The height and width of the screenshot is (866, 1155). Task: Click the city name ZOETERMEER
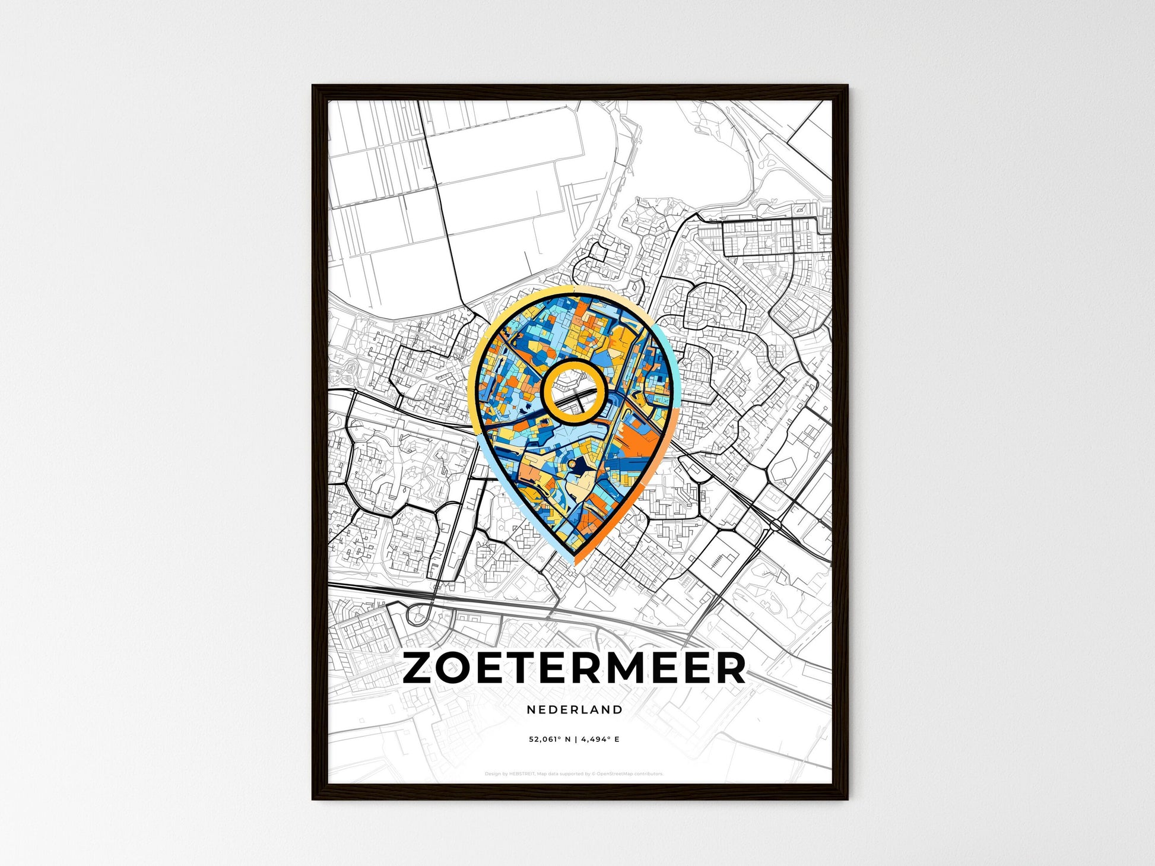tap(573, 668)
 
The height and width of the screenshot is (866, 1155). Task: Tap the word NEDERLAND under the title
tap(575, 709)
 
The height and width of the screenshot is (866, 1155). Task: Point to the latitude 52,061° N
tap(550, 740)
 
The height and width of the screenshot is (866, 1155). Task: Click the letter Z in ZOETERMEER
tap(421, 668)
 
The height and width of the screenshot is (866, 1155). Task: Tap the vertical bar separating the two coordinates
tap(575, 740)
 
